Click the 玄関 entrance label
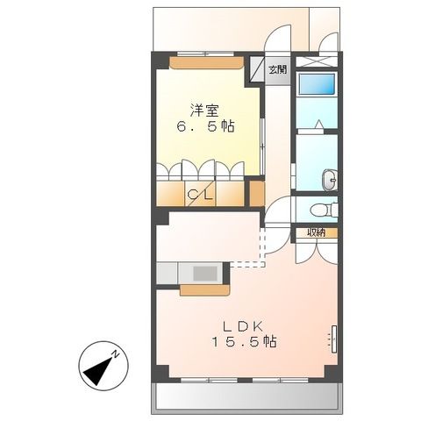[x=276, y=69]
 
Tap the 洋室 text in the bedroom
[x=206, y=111]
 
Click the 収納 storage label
[x=316, y=232]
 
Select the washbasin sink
[x=329, y=180]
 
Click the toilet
[x=325, y=210]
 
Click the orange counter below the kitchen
[x=204, y=290]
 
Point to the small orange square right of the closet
[x=256, y=193]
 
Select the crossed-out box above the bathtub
[x=315, y=61]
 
